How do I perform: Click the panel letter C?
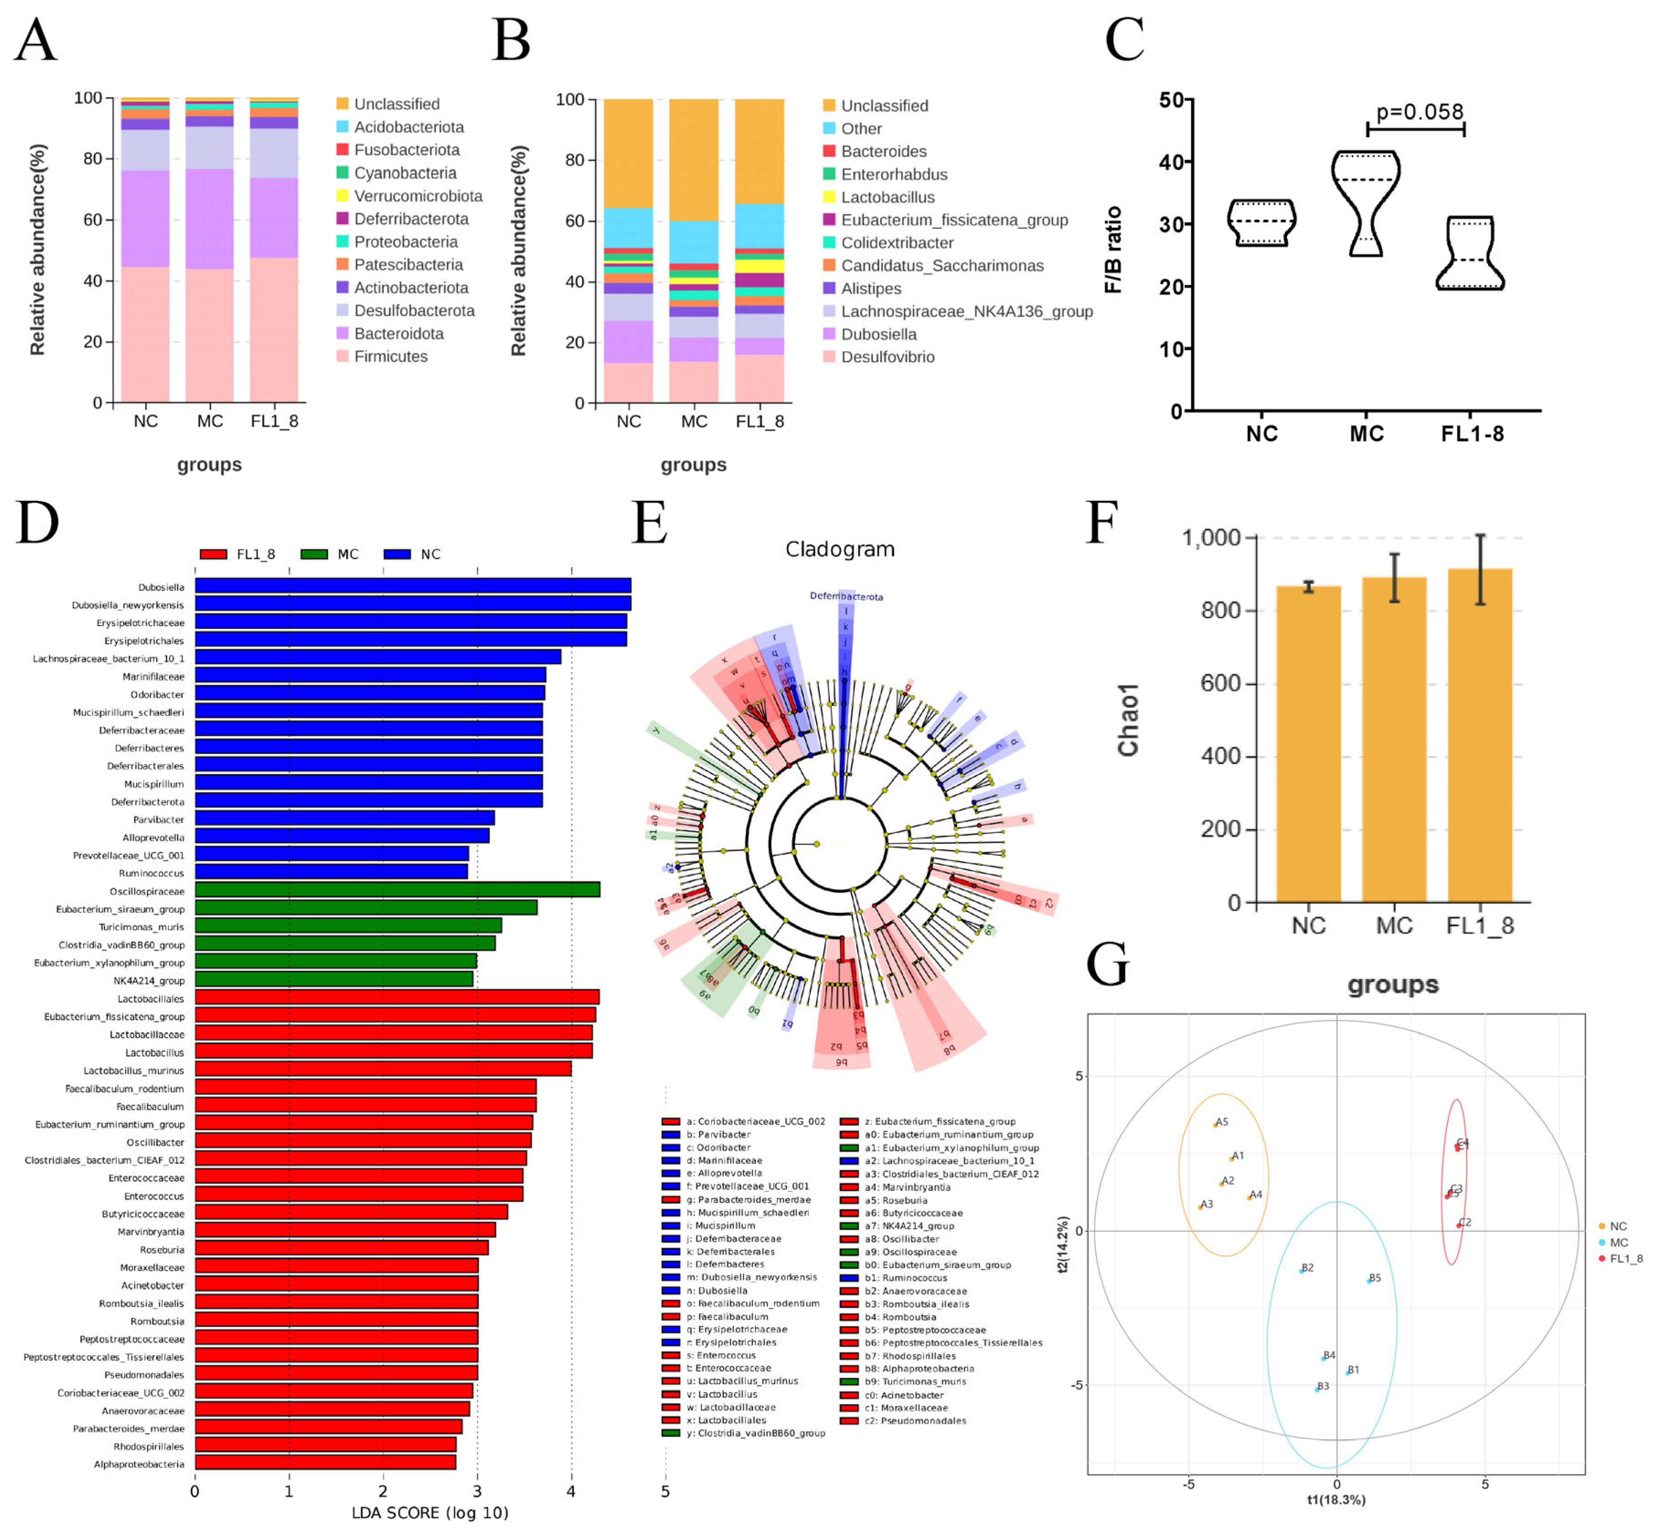(1124, 40)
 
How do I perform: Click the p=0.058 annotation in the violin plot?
(1419, 111)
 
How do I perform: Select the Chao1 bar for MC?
(1394, 738)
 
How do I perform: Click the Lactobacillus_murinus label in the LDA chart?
(133, 1070)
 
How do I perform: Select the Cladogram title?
(839, 549)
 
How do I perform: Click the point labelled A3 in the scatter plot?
(1201, 1207)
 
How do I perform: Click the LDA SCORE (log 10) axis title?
(430, 1512)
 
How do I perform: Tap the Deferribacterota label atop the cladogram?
(846, 595)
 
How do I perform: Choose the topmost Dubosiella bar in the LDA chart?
(412, 585)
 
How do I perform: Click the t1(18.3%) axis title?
(1336, 1499)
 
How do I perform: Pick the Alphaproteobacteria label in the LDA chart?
(138, 1464)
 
